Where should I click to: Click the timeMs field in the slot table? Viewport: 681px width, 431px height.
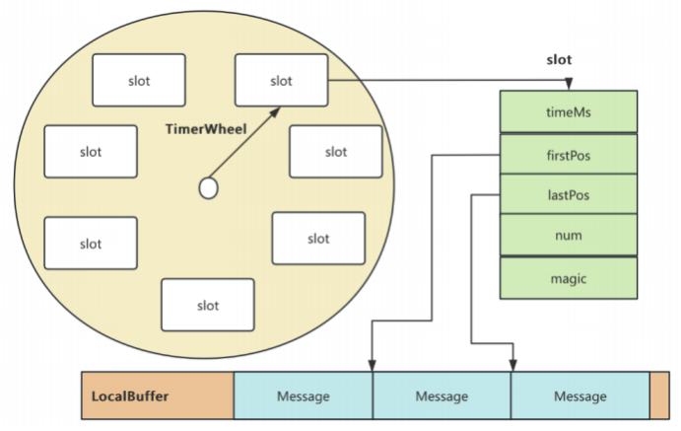click(569, 111)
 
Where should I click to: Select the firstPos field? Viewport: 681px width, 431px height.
click(569, 154)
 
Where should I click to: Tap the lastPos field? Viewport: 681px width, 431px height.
click(569, 194)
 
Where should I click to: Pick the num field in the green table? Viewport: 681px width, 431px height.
click(569, 235)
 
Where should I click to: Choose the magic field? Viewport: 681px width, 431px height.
click(569, 278)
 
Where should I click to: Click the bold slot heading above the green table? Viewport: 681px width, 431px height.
click(559, 59)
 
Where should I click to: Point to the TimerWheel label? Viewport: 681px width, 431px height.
click(206, 129)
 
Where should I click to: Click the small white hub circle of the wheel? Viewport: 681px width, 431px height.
click(209, 188)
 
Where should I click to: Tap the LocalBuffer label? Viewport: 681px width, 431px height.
click(130, 396)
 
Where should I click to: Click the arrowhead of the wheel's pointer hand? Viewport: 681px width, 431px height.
click(276, 112)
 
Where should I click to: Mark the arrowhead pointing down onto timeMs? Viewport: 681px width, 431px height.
click(569, 84)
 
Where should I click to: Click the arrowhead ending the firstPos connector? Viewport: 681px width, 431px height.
click(372, 365)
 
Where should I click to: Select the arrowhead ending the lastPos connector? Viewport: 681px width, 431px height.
click(512, 365)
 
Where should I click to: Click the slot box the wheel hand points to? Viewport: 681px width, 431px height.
click(282, 80)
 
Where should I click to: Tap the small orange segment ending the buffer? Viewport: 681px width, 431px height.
click(659, 395)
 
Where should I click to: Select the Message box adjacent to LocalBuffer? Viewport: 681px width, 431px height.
click(304, 395)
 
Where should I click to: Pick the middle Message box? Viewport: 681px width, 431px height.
click(442, 395)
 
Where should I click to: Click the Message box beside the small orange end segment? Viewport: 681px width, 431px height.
click(580, 395)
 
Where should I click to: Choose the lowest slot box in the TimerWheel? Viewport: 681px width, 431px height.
click(208, 305)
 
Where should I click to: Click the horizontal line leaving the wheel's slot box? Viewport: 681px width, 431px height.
click(448, 80)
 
